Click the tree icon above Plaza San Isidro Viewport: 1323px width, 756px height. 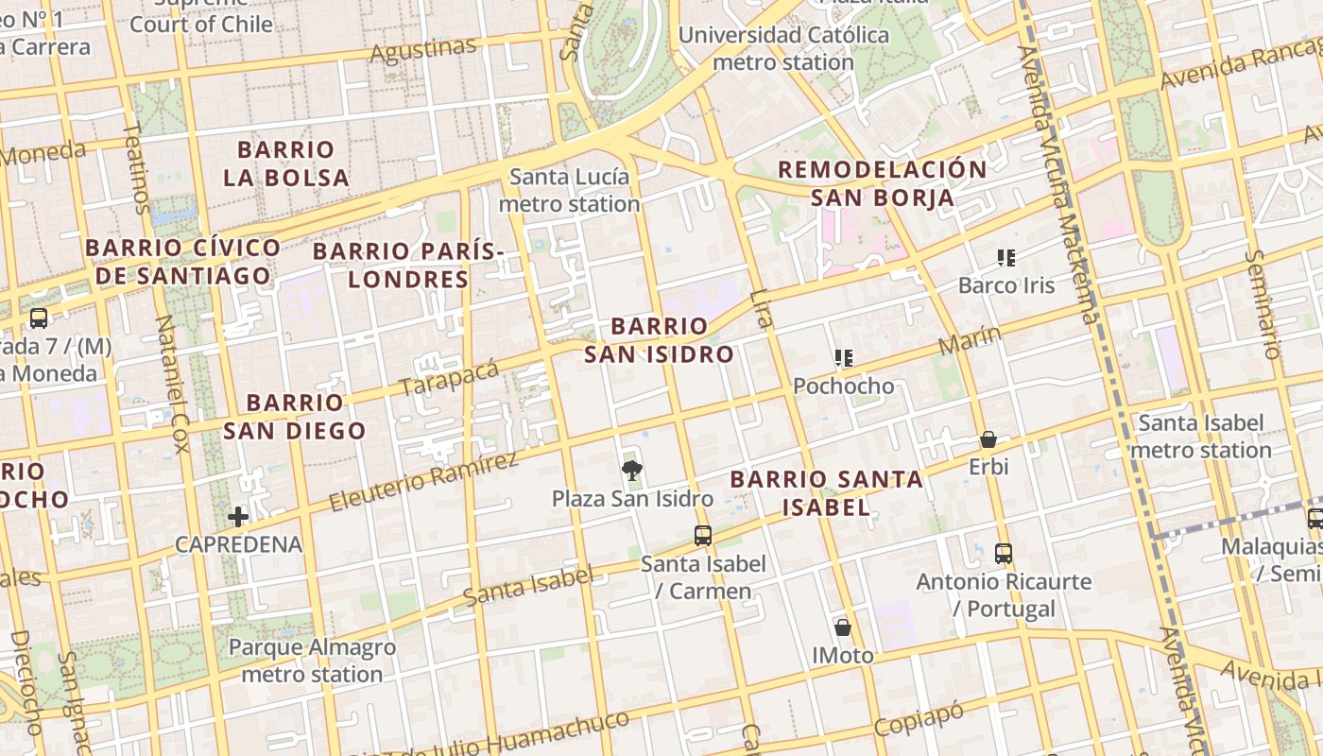point(631,470)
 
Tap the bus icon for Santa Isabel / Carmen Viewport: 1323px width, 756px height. point(702,536)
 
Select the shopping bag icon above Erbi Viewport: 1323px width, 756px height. point(988,439)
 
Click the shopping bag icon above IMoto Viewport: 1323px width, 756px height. point(842,627)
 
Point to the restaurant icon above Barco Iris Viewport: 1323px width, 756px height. point(1005,257)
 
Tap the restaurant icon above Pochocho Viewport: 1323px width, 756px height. point(843,358)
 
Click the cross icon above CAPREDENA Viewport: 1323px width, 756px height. point(238,516)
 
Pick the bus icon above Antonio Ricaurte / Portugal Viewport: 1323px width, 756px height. point(1004,554)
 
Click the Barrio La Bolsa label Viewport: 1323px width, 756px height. point(286,163)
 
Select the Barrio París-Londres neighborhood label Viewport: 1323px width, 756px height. point(407,266)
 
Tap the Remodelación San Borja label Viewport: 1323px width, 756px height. point(882,183)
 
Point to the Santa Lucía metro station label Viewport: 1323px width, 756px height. point(569,190)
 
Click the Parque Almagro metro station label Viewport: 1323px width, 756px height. point(312,661)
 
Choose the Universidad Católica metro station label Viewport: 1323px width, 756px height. point(783,48)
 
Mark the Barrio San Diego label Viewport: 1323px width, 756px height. point(294,417)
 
